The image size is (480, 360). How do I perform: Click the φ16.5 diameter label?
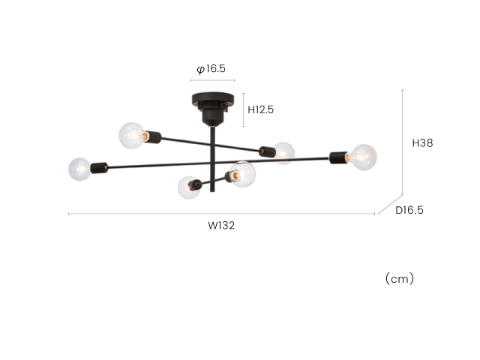click(x=211, y=69)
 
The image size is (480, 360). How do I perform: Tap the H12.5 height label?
click(x=260, y=109)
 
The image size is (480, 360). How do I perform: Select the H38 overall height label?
click(x=422, y=143)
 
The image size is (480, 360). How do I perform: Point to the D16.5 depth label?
click(x=409, y=210)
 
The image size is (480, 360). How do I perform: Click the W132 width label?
click(x=221, y=226)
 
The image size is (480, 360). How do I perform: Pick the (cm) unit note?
click(x=400, y=278)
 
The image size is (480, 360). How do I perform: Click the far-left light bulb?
click(x=79, y=169)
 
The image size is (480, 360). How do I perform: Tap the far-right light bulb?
click(x=363, y=157)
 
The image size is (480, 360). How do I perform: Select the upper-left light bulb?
click(x=132, y=136)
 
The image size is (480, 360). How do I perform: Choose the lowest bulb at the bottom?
click(x=188, y=187)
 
